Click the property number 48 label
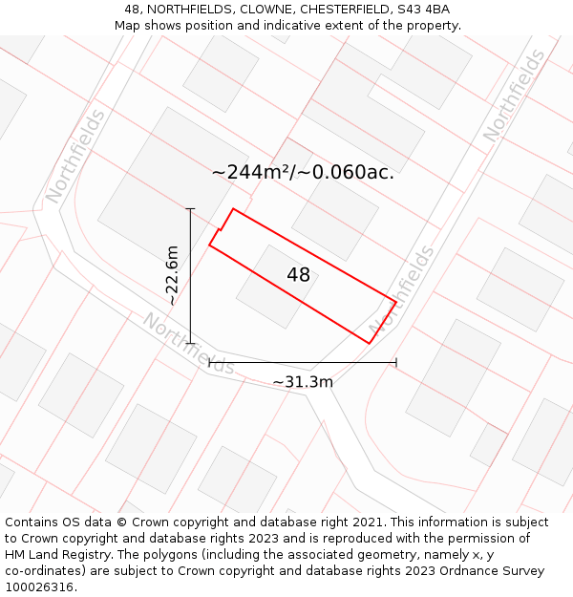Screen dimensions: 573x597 point(298,275)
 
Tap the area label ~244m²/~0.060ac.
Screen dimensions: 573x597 point(303,172)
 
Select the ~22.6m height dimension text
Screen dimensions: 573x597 point(172,274)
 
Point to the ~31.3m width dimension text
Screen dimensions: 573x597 point(303,382)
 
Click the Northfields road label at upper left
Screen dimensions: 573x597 point(75,157)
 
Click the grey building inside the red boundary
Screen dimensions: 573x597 point(277,288)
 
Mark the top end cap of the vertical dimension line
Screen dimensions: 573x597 point(190,208)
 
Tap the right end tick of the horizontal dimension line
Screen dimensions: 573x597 point(395,362)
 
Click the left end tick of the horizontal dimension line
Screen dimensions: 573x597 point(209,362)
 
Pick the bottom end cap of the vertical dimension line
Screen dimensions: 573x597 point(190,343)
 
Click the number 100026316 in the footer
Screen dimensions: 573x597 point(41,586)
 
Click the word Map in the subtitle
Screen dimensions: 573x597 point(128,25)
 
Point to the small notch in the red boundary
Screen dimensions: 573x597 point(222,228)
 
